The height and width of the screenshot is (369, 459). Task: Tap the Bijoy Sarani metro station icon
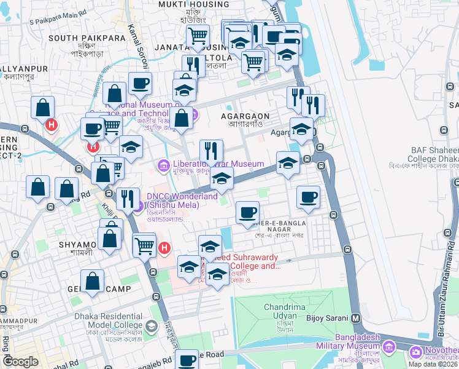click(355, 319)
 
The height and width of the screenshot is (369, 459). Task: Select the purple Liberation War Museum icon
click(164, 165)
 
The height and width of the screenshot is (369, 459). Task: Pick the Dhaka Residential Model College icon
click(151, 326)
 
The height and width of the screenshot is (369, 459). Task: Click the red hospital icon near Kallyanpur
click(52, 125)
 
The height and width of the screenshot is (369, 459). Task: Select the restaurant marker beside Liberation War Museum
click(211, 151)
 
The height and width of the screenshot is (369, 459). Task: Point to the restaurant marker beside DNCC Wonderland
click(127, 198)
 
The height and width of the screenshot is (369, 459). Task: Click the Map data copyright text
click(432, 363)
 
